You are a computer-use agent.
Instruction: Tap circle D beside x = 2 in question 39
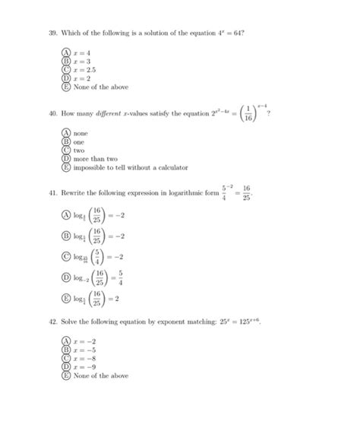[x=66, y=78]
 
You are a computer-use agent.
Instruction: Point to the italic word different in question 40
[x=103, y=114]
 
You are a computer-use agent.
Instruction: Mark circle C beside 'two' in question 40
[x=66, y=150]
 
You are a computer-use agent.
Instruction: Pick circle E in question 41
[x=66, y=300]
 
